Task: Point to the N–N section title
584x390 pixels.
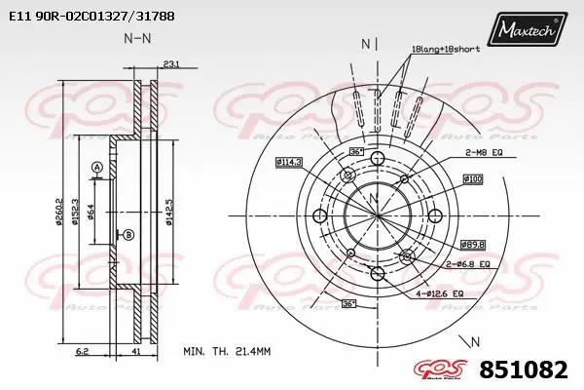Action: pos(138,38)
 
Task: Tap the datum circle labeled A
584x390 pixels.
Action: pos(97,169)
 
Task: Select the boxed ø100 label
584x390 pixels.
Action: pos(473,178)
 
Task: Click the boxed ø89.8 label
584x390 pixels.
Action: pos(472,245)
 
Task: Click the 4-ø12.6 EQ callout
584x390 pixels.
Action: pos(441,292)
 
